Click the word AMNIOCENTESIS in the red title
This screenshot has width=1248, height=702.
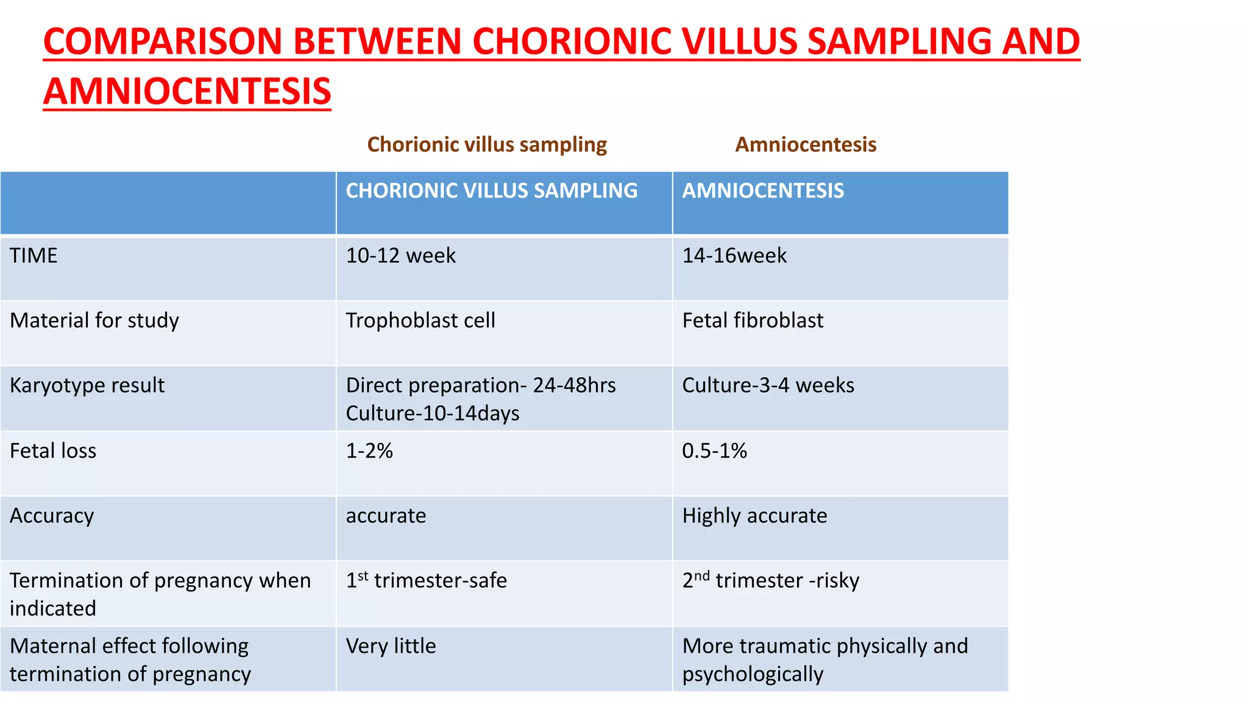[x=187, y=91]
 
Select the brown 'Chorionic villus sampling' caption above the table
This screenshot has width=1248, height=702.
[x=487, y=144]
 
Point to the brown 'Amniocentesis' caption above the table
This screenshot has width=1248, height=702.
[x=806, y=144]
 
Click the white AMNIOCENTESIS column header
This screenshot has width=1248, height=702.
[x=763, y=191]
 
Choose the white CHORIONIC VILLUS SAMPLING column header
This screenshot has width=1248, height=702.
[x=491, y=191]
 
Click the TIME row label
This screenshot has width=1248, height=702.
[x=34, y=255]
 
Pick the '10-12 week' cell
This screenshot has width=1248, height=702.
[x=400, y=255]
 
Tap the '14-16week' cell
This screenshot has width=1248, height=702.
[x=734, y=255]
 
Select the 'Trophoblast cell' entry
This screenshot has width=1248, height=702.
[x=420, y=321]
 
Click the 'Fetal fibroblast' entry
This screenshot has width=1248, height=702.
[x=753, y=321]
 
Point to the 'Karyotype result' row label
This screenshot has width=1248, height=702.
[x=87, y=386]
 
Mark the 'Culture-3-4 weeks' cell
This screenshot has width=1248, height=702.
[x=768, y=386]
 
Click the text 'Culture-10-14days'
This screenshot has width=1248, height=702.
[x=433, y=414]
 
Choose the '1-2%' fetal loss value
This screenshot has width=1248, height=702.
[x=369, y=451]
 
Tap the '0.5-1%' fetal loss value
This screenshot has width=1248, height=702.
[x=714, y=451]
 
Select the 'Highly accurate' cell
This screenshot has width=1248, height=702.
[x=754, y=516]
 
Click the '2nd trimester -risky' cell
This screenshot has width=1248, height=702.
[x=770, y=580]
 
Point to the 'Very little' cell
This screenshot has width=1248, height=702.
[x=391, y=646]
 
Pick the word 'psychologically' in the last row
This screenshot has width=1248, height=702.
[x=753, y=675]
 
